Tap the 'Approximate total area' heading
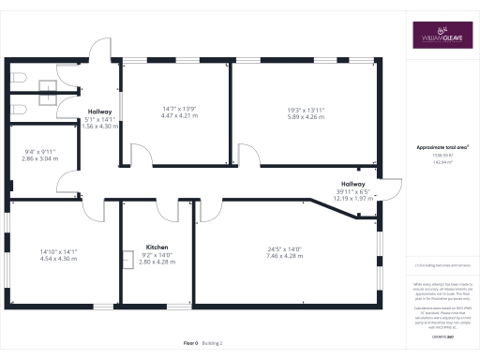[442, 147]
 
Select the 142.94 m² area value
[442, 162]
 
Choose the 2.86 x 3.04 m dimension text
[40, 159]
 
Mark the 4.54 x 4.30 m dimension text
[58, 258]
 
